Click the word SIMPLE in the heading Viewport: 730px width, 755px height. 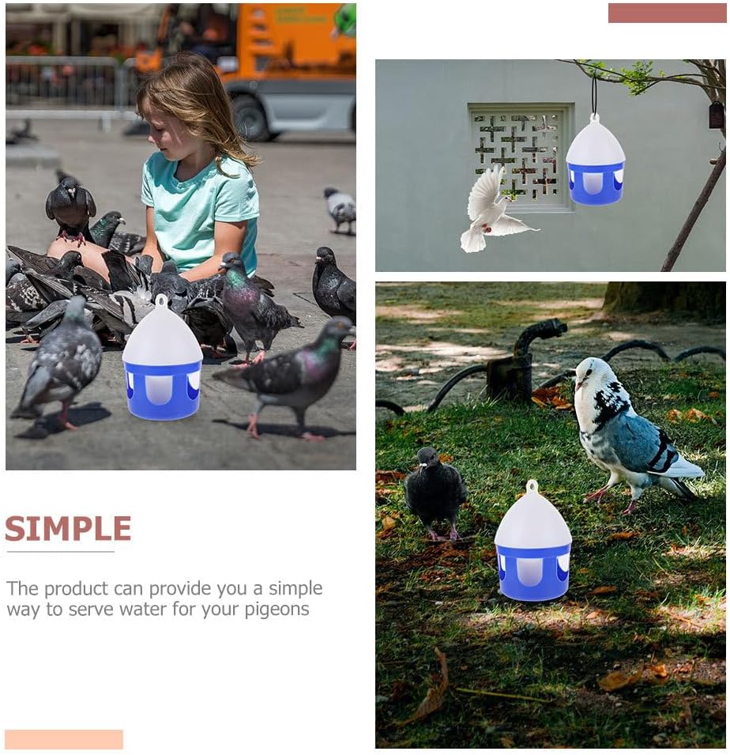tap(68, 528)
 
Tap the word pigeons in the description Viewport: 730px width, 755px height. tap(277, 610)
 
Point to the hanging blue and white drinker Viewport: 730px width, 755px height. tap(595, 160)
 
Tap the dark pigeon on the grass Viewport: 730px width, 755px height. tap(435, 492)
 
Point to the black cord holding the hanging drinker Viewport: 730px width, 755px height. tap(595, 94)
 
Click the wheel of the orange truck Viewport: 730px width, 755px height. tap(250, 118)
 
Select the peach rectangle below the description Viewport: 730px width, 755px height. tap(64, 739)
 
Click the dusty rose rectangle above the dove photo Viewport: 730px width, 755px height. tap(668, 13)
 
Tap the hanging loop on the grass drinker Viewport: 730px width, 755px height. tap(532, 486)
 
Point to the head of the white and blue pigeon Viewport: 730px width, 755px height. tap(590, 372)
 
